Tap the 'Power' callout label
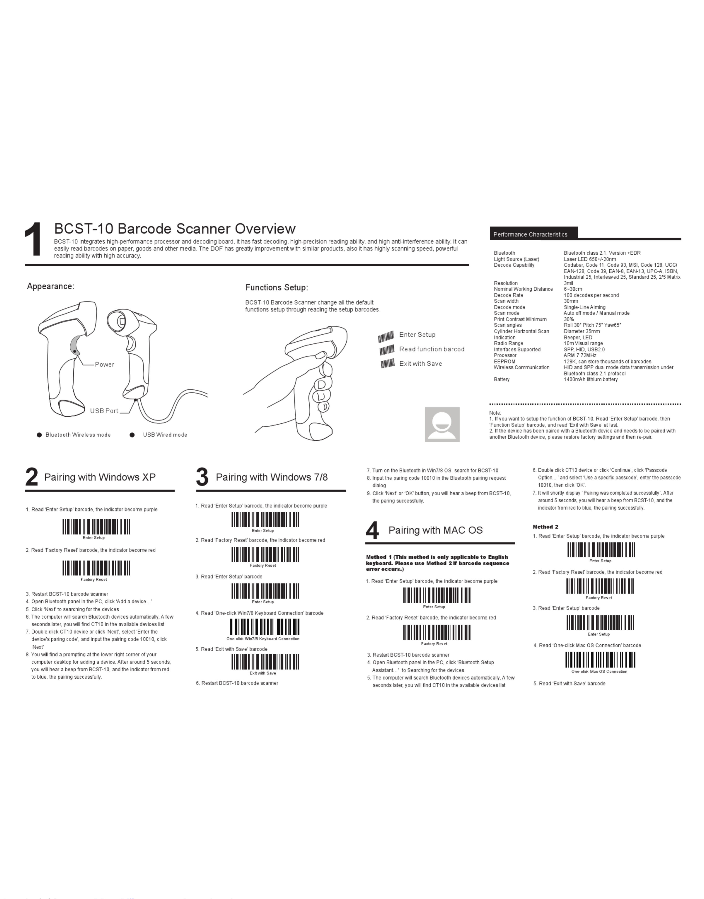pos(105,365)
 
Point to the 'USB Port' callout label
pos(104,411)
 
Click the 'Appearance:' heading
pos(51,286)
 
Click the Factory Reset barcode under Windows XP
pos(96,568)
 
